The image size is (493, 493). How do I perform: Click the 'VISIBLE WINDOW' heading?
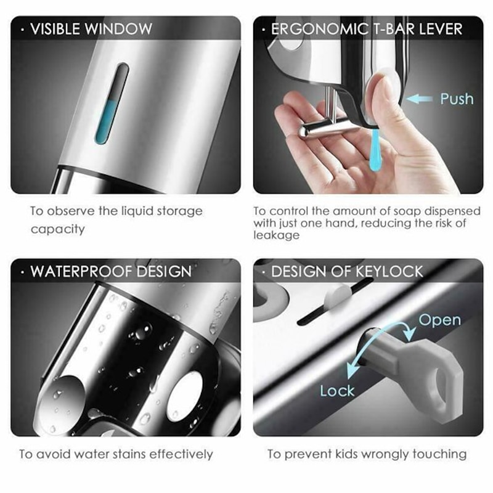coord(91,28)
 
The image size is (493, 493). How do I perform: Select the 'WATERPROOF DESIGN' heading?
coord(111,271)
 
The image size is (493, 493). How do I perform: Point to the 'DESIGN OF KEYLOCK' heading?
coord(347,271)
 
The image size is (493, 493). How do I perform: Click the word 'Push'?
coord(457,99)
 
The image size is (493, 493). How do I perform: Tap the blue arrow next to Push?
coord(420,98)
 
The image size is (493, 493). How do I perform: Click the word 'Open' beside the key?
coord(439,320)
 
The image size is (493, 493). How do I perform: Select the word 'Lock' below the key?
coord(337,390)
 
